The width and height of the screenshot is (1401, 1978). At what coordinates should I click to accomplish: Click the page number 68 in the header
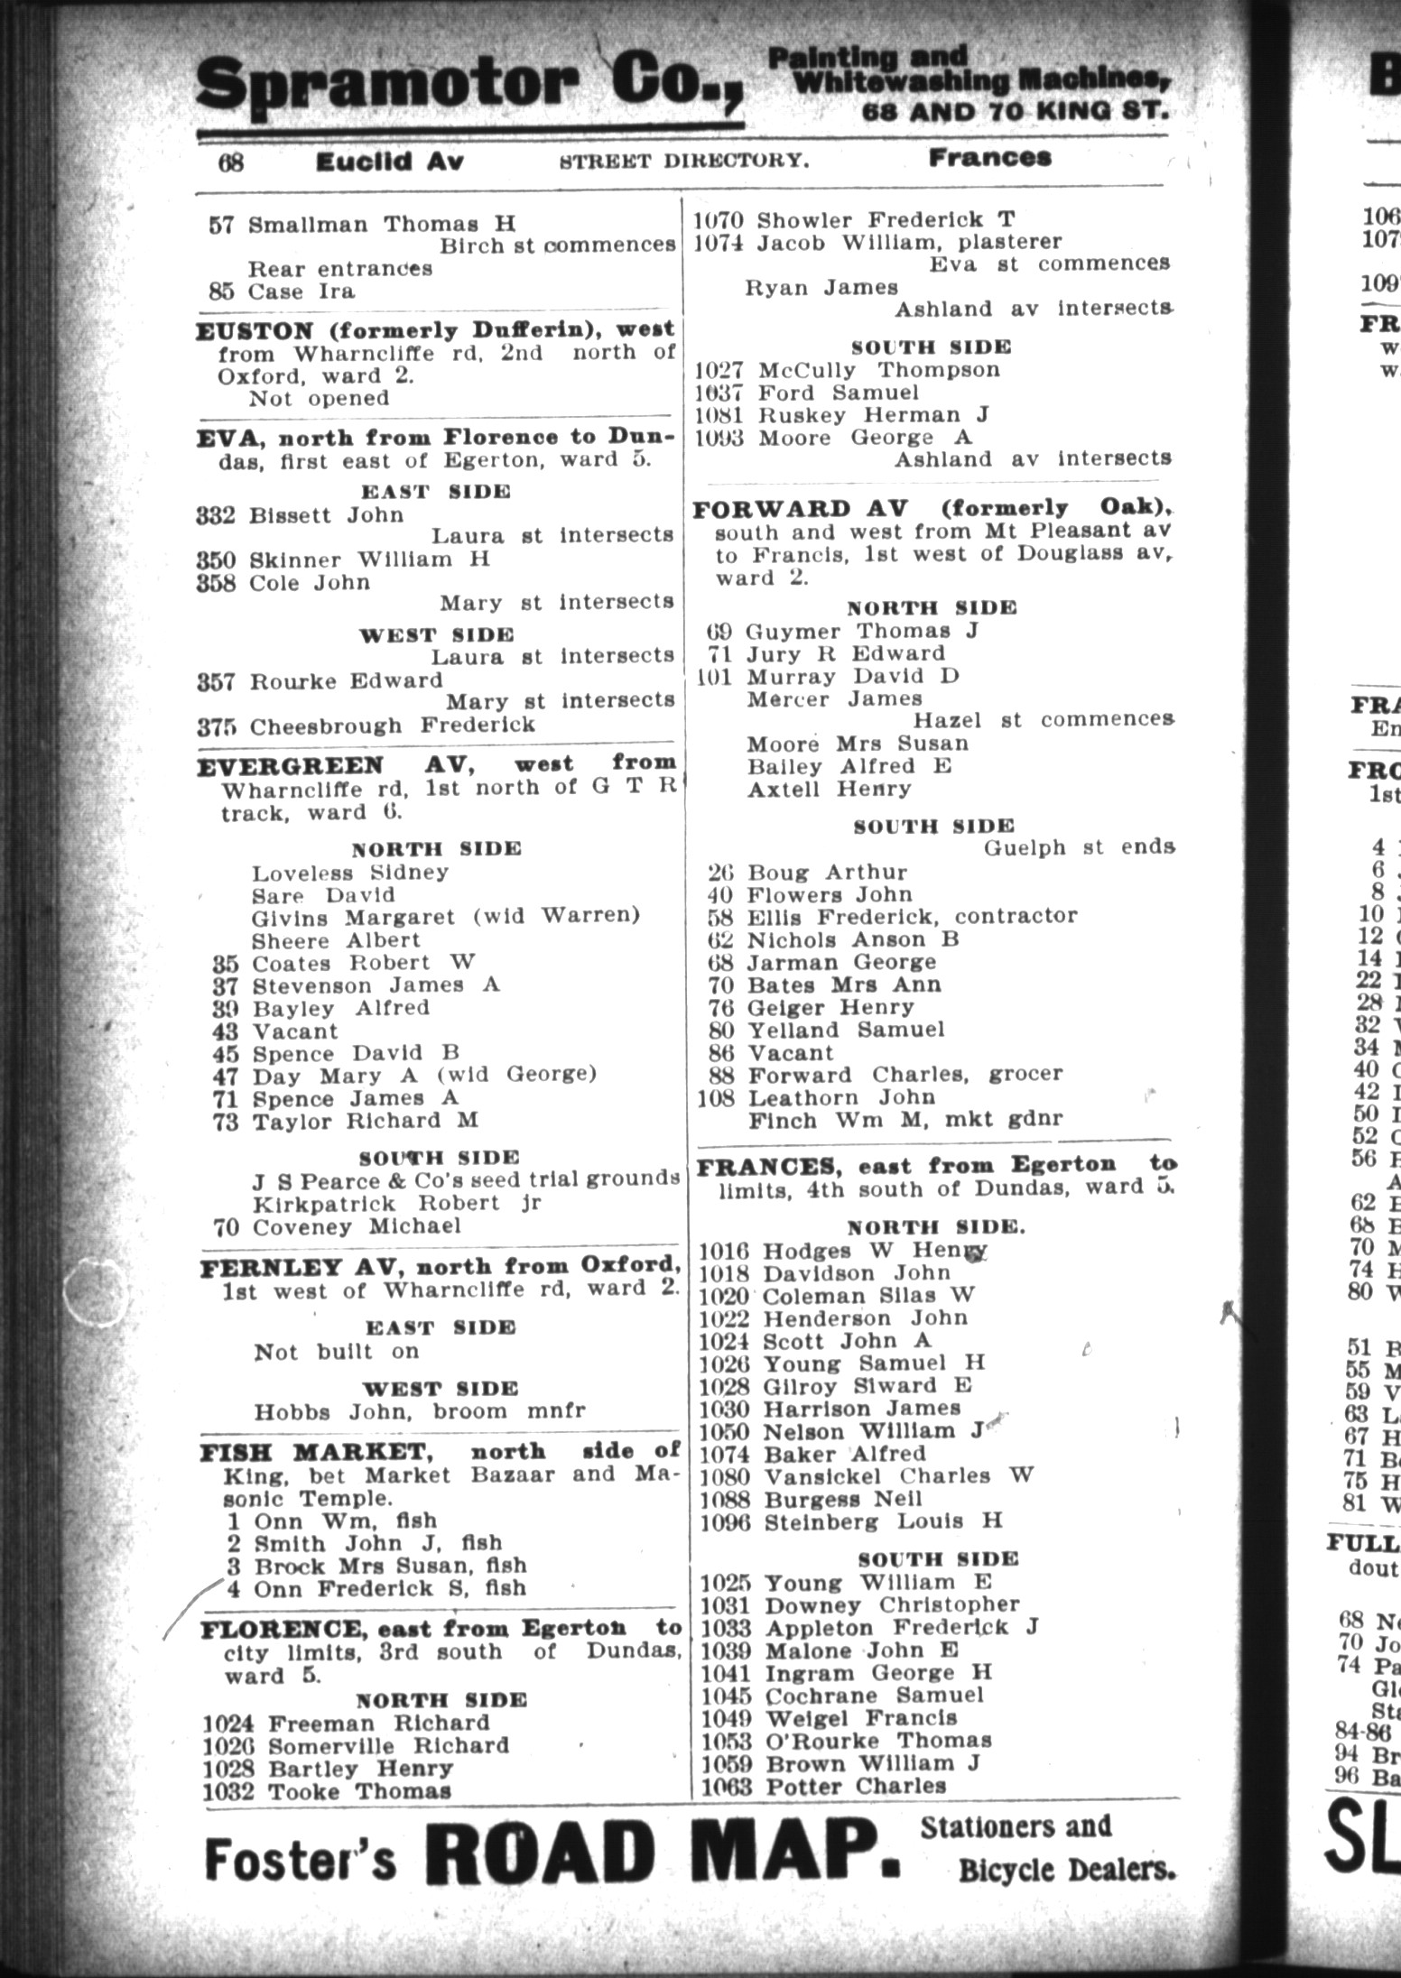pyautogui.click(x=230, y=162)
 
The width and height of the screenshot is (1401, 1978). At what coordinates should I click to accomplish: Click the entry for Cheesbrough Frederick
pyautogui.click(x=392, y=726)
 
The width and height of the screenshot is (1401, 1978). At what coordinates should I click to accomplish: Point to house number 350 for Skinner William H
pyautogui.click(x=216, y=559)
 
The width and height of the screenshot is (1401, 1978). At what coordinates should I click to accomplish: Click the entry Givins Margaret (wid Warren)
pyautogui.click(x=445, y=918)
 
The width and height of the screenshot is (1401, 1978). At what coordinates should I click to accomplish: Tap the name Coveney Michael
pyautogui.click(x=356, y=1226)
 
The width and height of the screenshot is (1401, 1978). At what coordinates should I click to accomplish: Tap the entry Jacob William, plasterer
pyautogui.click(x=909, y=242)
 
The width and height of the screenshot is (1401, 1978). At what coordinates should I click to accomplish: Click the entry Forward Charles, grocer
pyautogui.click(x=905, y=1075)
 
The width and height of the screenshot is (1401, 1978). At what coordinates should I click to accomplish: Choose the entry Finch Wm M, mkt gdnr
pyautogui.click(x=905, y=1120)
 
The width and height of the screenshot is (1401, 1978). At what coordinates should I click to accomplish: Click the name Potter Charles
pyautogui.click(x=855, y=1787)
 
